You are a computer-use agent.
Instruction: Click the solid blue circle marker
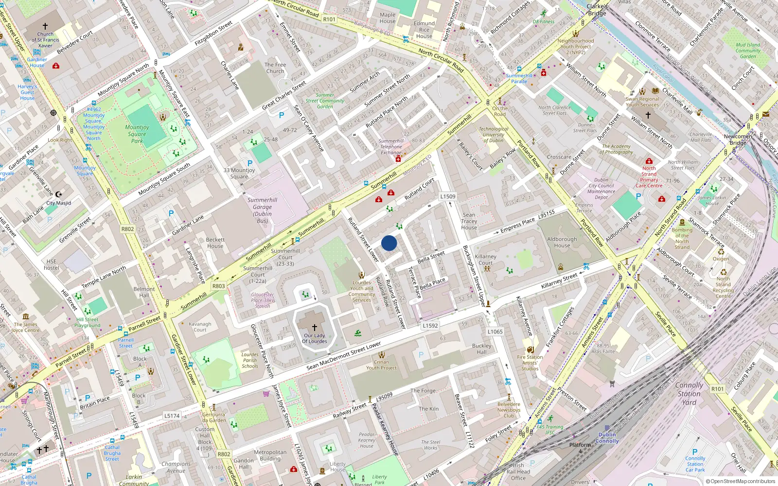389,243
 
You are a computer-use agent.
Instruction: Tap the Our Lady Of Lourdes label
315,338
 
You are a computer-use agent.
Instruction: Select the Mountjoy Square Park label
137,134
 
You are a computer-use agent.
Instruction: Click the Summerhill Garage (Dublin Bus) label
262,210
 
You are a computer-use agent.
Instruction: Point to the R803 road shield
219,286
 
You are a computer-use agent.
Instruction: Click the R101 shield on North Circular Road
329,19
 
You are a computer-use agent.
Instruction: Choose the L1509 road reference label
448,196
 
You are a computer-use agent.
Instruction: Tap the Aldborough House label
562,242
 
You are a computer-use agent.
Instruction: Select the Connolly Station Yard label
689,394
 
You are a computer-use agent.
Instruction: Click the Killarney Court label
485,260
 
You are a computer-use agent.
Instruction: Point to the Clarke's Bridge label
597,10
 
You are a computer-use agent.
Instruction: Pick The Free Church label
275,68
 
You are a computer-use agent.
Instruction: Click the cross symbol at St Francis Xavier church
45,26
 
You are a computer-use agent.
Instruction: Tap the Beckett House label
215,243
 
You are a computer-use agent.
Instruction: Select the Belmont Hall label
144,292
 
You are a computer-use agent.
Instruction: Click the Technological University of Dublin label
494,135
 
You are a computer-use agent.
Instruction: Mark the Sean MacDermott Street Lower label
344,356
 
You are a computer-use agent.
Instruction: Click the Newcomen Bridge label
738,139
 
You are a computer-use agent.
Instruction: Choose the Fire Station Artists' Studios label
530,363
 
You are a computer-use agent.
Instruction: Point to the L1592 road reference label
430,326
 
